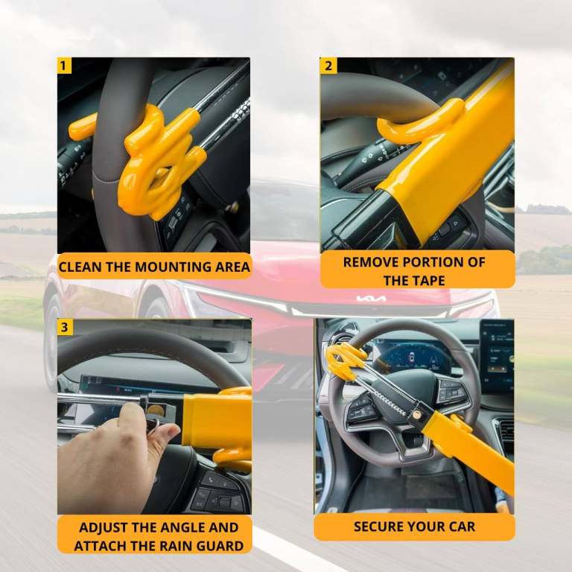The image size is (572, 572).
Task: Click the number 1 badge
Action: tap(64, 66)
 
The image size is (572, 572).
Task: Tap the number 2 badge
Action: tap(328, 66)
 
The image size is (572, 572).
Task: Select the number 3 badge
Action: tap(64, 327)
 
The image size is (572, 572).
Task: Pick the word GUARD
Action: tap(220, 546)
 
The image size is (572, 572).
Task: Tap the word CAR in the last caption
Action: tap(461, 527)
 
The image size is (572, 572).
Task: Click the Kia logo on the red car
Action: tap(371, 299)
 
